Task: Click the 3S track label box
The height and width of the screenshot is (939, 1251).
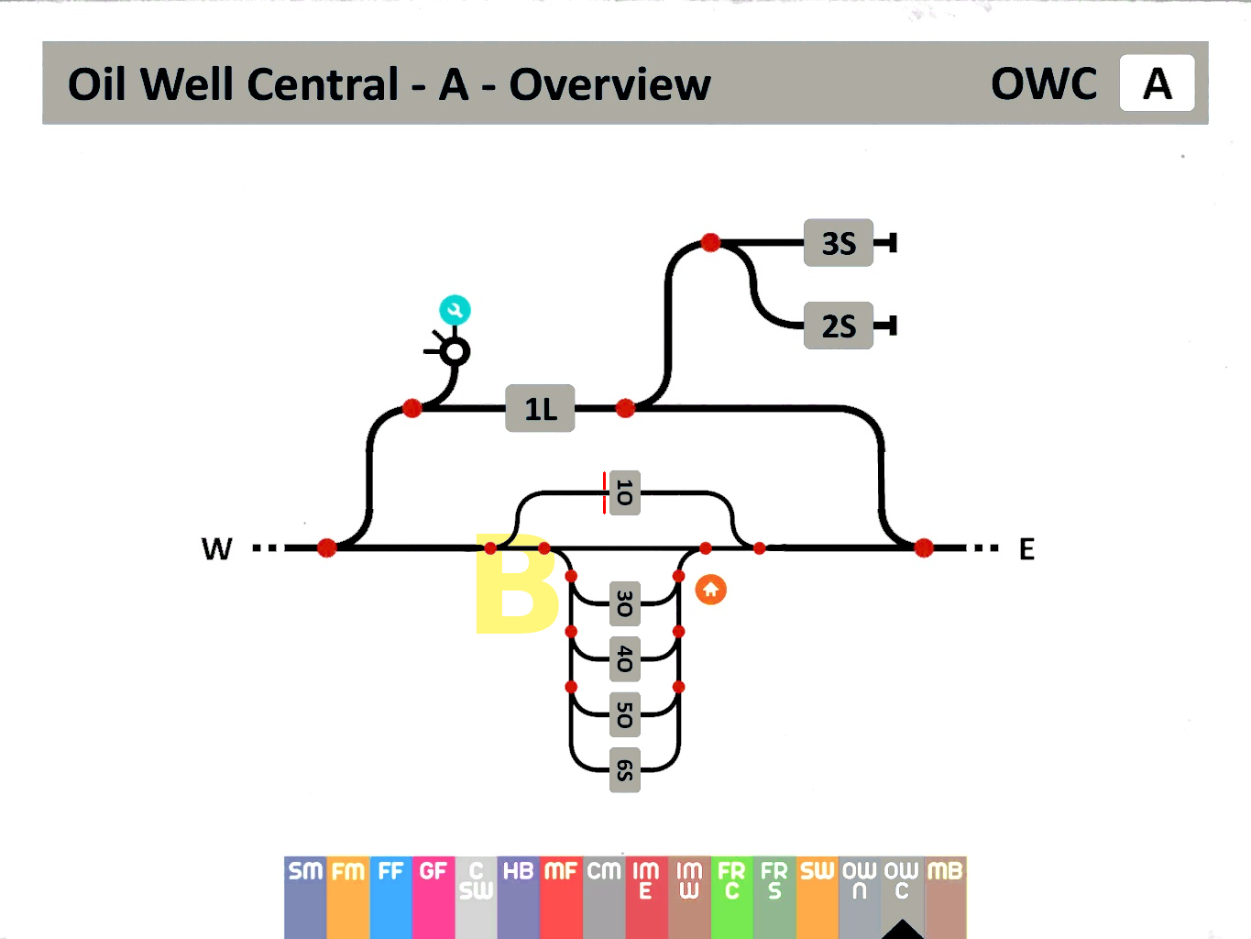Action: click(838, 243)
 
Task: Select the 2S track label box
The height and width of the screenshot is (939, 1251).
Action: click(838, 326)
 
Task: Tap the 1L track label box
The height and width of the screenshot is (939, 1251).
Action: click(540, 408)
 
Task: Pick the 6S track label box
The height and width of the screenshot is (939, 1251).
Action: click(624, 769)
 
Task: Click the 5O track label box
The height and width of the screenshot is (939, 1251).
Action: click(624, 714)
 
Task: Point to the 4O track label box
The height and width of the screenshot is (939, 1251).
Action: click(624, 658)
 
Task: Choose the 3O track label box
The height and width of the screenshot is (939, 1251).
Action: click(624, 603)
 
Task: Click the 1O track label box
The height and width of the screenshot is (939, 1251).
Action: click(624, 493)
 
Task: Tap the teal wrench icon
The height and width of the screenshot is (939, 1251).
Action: click(455, 310)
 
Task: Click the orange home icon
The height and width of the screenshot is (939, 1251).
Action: click(710, 590)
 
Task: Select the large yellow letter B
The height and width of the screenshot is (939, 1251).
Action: click(515, 584)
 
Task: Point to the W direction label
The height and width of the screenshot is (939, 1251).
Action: click(217, 549)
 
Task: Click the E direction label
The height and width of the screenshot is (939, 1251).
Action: click(1026, 549)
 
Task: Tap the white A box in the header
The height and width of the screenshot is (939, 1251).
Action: click(1157, 83)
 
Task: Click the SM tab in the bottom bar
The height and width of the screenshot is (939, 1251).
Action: click(305, 894)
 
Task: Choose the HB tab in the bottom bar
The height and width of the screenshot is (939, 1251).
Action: click(518, 894)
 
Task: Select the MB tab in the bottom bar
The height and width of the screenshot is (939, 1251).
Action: click(945, 894)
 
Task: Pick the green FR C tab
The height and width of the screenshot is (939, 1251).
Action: click(731, 894)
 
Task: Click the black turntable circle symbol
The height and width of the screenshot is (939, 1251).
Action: click(455, 351)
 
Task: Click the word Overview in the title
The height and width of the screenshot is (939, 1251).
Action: click(609, 84)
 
